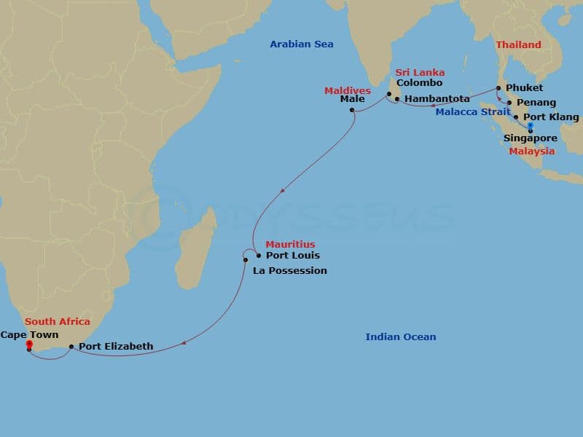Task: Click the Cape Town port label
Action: pyautogui.click(x=29, y=335)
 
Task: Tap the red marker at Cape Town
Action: pyautogui.click(x=29, y=344)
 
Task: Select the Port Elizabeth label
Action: pyautogui.click(x=116, y=347)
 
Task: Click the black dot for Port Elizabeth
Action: pyautogui.click(x=71, y=347)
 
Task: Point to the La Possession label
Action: pyautogui.click(x=290, y=271)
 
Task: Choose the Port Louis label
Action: pyautogui.click(x=293, y=256)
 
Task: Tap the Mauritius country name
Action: pyautogui.click(x=290, y=245)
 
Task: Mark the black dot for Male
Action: pyautogui.click(x=352, y=111)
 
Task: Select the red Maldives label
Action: pyautogui.click(x=348, y=90)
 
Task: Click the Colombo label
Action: pyautogui.click(x=420, y=83)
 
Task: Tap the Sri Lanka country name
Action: pyautogui.click(x=420, y=73)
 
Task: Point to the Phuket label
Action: pyautogui.click(x=525, y=88)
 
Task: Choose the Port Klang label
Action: pyautogui.click(x=552, y=117)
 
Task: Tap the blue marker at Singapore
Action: pyautogui.click(x=531, y=126)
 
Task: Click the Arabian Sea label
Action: pyautogui.click(x=302, y=44)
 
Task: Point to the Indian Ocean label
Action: pyautogui.click(x=401, y=336)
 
